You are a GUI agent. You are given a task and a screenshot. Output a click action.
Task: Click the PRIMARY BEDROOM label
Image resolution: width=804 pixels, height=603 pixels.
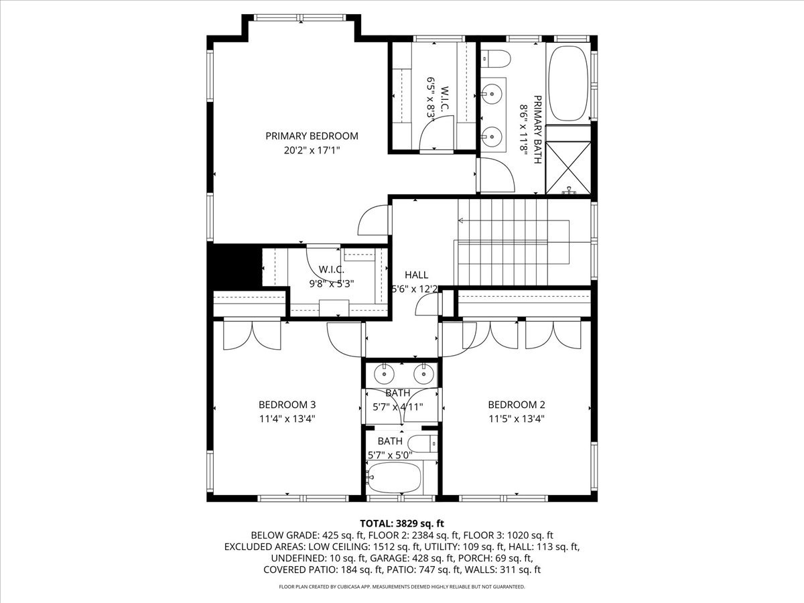[x=312, y=136]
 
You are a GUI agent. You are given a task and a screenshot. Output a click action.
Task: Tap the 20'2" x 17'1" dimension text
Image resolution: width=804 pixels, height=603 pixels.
[x=312, y=151]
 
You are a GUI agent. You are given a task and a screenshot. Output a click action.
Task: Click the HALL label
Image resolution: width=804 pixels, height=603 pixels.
[x=416, y=275]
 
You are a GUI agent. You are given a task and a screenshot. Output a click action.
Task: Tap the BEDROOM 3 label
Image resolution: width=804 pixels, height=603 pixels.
[x=287, y=405]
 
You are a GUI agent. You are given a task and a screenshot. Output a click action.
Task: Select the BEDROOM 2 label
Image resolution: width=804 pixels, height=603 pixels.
[x=516, y=405]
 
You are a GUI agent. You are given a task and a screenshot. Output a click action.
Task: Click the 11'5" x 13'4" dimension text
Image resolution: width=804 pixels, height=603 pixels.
[x=516, y=419]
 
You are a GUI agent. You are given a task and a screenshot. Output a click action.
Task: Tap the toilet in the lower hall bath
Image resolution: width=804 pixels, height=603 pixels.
[x=423, y=444]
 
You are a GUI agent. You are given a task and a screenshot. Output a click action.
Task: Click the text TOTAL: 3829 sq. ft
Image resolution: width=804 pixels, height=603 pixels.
[x=402, y=523]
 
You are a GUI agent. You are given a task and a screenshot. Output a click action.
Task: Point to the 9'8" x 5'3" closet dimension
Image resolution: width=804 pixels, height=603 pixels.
[x=331, y=283]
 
